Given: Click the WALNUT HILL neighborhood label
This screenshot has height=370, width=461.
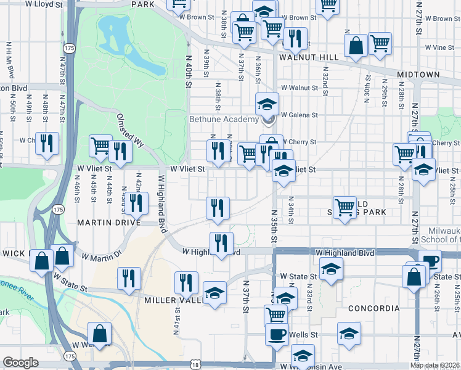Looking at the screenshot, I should [308, 57].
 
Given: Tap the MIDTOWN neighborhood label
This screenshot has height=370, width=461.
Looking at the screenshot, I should [418, 75].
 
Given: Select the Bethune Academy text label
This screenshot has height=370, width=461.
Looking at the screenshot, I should [224, 119].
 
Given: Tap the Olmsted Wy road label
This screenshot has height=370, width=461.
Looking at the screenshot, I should [130, 129].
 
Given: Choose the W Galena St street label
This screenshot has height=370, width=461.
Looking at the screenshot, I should [299, 115].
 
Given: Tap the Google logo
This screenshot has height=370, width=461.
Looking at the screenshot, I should [20, 363].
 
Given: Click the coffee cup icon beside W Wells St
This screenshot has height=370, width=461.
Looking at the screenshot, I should [277, 334].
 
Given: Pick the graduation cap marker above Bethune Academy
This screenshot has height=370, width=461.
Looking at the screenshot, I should [267, 103].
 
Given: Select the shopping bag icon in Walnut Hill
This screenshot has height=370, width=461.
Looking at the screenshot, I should [356, 45].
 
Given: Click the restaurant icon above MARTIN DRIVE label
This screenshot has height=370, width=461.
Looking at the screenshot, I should [136, 202].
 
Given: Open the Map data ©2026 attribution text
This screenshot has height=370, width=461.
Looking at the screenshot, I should [434, 365].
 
